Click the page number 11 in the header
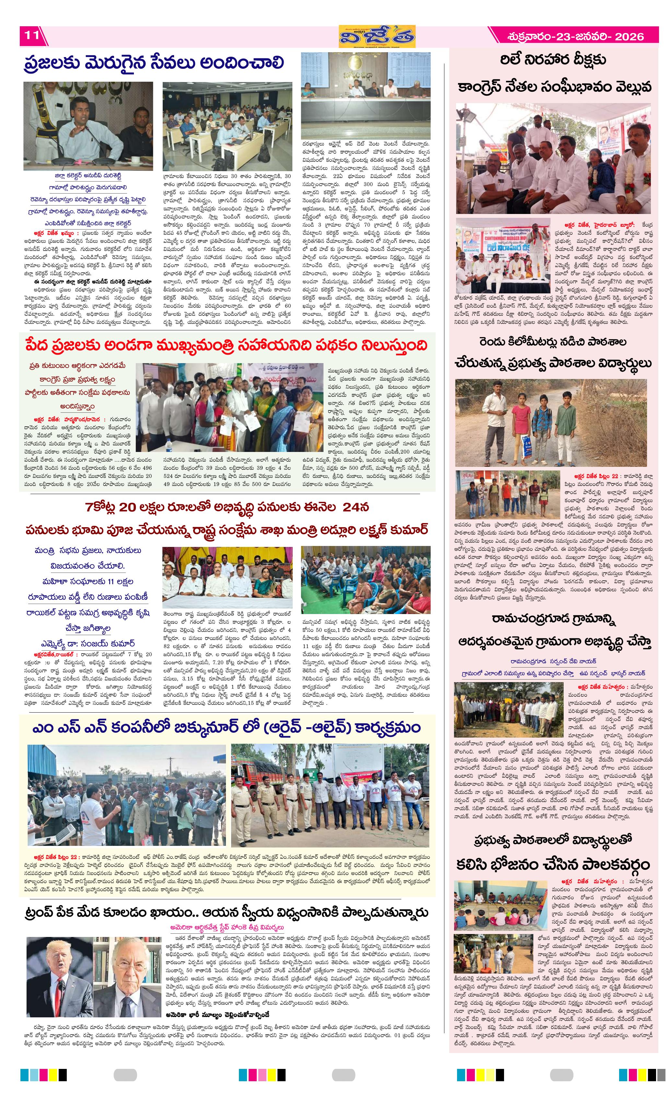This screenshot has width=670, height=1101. tap(31, 35)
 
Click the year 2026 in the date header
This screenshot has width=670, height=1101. tap(629, 37)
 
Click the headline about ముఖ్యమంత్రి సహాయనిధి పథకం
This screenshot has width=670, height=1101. tap(227, 345)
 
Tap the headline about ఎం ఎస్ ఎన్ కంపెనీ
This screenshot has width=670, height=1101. tap(227, 728)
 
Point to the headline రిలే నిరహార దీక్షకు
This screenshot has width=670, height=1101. tap(553, 60)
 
